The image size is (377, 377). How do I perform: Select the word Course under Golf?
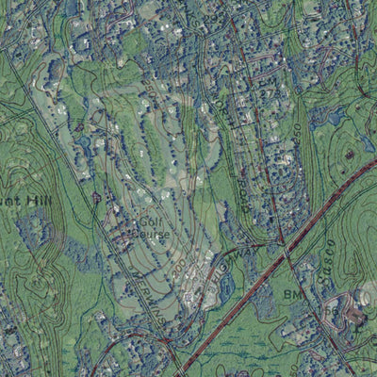pyautogui.click(x=151, y=227)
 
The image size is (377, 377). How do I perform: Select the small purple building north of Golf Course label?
pyautogui.click(x=96, y=198)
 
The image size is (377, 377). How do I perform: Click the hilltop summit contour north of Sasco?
pyautogui.click(x=350, y=153)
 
